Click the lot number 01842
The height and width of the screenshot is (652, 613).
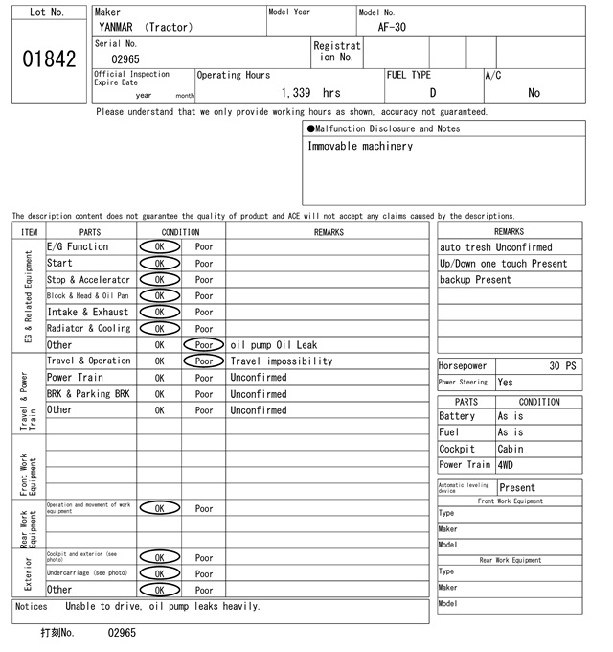click(48, 59)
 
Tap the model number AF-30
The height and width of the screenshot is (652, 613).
click(392, 27)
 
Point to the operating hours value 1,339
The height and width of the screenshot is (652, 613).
click(297, 93)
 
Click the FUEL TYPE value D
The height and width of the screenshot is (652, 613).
click(432, 93)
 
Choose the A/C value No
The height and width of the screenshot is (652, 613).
click(534, 93)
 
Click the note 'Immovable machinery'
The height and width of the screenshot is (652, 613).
click(360, 147)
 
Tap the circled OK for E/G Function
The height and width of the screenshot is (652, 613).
click(159, 246)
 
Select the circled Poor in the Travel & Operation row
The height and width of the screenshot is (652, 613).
click(204, 361)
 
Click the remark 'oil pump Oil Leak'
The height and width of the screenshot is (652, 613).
click(274, 345)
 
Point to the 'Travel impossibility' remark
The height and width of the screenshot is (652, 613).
click(282, 361)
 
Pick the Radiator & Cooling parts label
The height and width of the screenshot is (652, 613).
click(88, 328)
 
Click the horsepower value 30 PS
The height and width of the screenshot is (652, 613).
click(563, 366)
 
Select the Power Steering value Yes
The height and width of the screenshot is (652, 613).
click(506, 383)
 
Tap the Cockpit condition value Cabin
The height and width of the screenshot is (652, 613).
click(512, 449)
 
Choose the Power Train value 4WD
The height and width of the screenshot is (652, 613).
click(506, 465)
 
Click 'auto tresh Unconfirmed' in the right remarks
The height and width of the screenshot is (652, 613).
click(495, 247)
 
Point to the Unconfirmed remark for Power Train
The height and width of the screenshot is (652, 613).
click(258, 378)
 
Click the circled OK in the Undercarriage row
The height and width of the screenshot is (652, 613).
click(159, 573)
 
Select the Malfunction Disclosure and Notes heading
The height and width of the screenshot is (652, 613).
click(383, 128)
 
